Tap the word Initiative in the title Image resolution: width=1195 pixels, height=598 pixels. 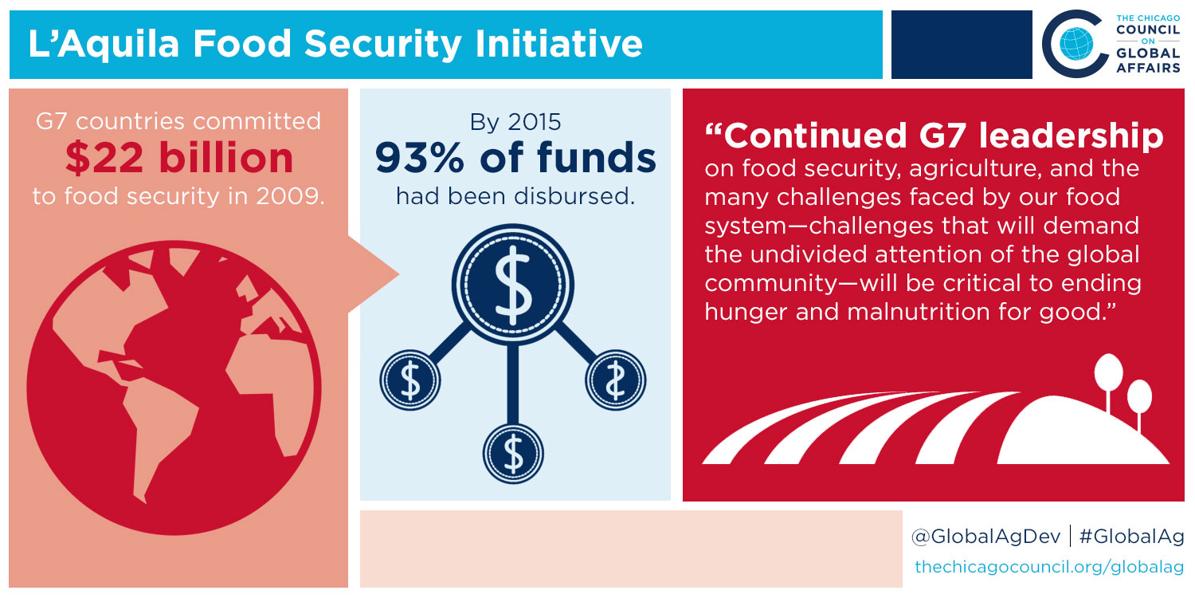(558, 43)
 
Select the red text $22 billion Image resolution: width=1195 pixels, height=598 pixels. (179, 158)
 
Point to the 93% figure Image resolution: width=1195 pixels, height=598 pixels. (420, 158)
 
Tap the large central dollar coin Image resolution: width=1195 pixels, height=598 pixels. (513, 285)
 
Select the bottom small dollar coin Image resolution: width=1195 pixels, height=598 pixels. (513, 454)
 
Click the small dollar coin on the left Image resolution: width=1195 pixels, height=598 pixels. (409, 380)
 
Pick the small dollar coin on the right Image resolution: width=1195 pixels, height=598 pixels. (616, 380)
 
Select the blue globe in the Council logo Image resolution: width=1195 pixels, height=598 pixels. (1076, 44)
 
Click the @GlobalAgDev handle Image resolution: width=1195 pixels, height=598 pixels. (986, 536)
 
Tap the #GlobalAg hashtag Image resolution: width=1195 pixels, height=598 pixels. (1131, 536)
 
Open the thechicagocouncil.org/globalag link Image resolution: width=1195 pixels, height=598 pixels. (1049, 566)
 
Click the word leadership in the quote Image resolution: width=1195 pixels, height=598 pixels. (1072, 136)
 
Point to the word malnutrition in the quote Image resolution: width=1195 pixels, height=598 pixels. (919, 312)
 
